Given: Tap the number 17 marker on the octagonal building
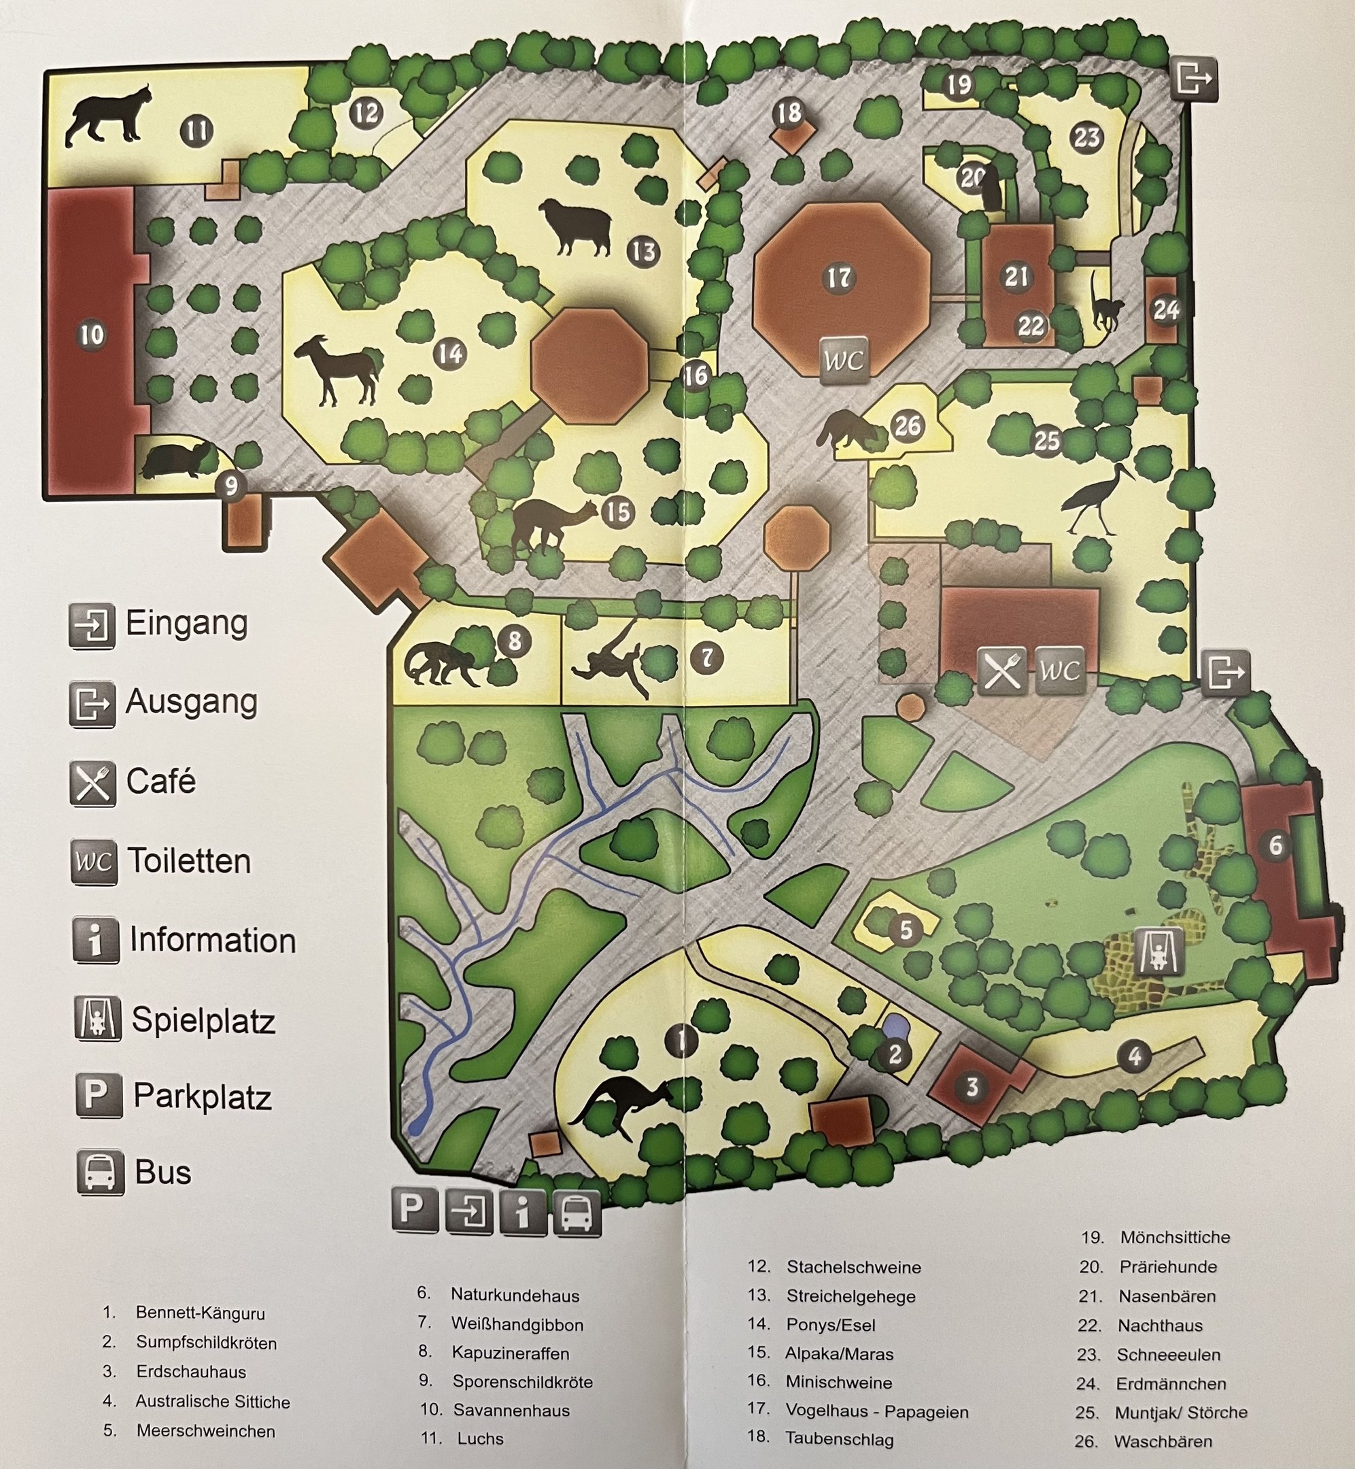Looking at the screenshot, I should click(x=839, y=278).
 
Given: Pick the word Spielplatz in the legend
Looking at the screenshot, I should click(x=203, y=1020).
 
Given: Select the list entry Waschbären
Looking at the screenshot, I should click(x=1163, y=1441).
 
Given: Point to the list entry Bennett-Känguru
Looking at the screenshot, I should click(x=200, y=1313).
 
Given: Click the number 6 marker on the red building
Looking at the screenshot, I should click(x=1276, y=845).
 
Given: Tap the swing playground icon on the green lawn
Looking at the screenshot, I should click(x=1159, y=951).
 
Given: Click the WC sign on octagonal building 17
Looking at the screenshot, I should click(x=843, y=360).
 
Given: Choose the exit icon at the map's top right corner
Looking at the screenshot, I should click(x=1194, y=77).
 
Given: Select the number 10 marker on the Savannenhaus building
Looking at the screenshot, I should click(x=92, y=335).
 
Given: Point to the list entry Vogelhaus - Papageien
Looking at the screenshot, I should click(x=877, y=1411).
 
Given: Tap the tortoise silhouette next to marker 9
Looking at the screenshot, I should click(x=176, y=460).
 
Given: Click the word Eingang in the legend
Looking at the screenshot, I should click(x=186, y=624).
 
